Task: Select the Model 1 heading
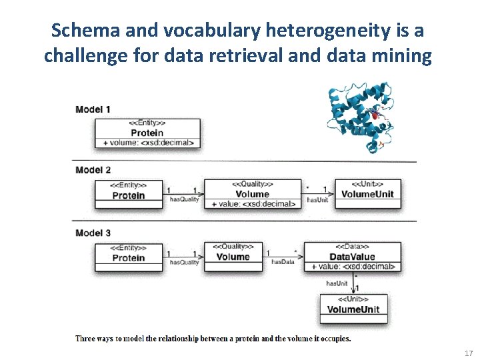pyautogui.click(x=93, y=109)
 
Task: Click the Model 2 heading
pyautogui.click(x=93, y=170)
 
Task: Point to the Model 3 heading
pyautogui.click(x=93, y=233)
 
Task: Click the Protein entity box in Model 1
pyautogui.click(x=147, y=133)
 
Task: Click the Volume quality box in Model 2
pyautogui.click(x=251, y=193)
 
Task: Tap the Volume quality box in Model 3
pyautogui.click(x=233, y=256)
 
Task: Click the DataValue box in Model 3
pyautogui.click(x=352, y=256)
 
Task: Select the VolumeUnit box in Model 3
pyautogui.click(x=353, y=309)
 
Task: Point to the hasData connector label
pyautogui.click(x=283, y=262)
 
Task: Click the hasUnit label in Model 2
pyautogui.click(x=317, y=200)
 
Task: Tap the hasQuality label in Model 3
pyautogui.click(x=184, y=263)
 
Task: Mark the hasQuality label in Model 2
pyautogui.click(x=184, y=199)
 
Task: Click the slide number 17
pyautogui.click(x=467, y=353)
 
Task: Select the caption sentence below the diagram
pyautogui.click(x=213, y=339)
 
